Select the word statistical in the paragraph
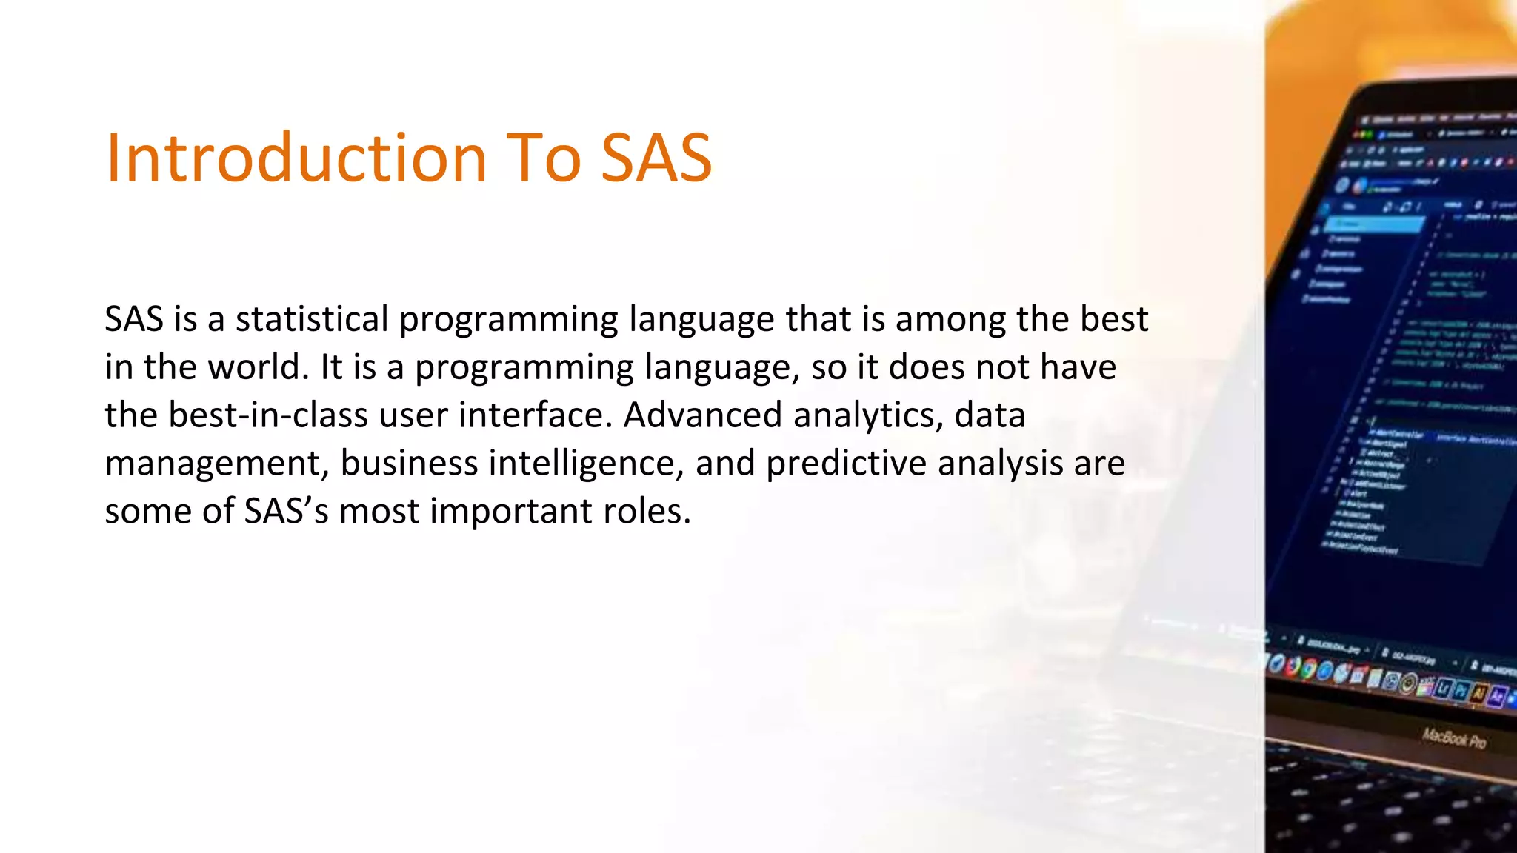[312, 319]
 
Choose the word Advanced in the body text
[702, 415]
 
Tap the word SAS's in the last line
[286, 511]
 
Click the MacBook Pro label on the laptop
[1453, 738]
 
